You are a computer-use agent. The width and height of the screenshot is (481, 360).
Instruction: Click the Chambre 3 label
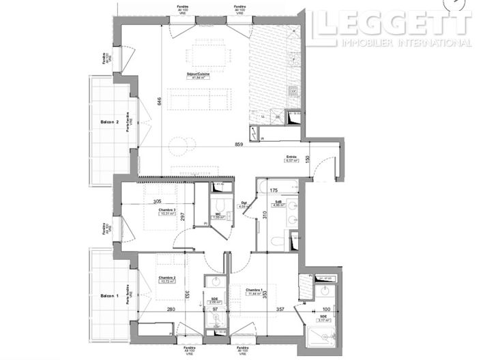coord(166,209)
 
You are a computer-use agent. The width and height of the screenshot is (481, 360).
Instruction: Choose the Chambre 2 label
coord(167,277)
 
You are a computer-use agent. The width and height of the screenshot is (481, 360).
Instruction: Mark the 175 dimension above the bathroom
coord(273,192)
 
